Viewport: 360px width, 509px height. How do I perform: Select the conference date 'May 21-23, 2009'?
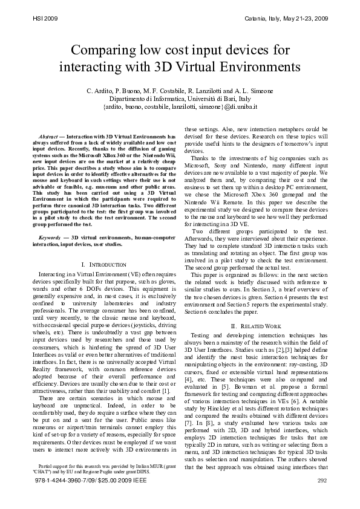(x=306, y=19)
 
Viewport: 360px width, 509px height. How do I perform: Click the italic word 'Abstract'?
(x=48, y=137)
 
